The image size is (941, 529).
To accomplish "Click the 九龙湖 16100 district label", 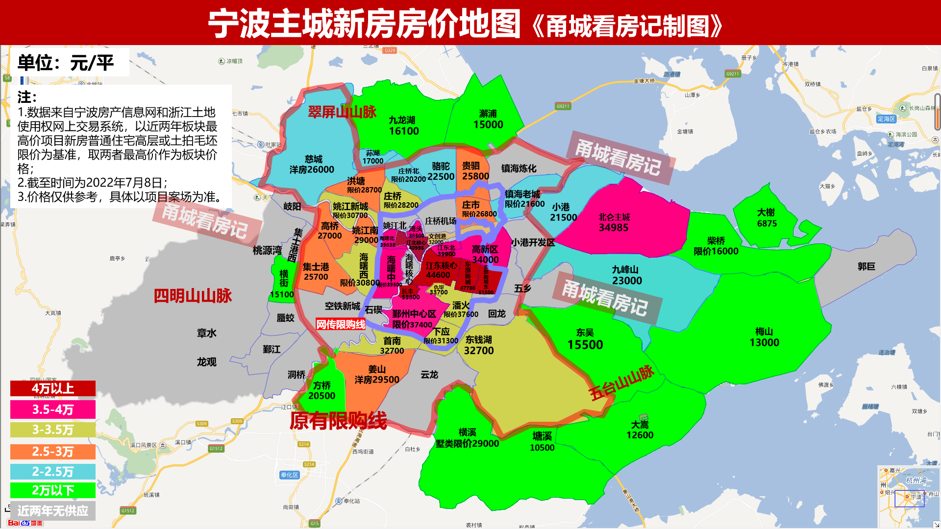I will (x=403, y=126).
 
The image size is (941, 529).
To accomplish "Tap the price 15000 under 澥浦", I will (x=488, y=125).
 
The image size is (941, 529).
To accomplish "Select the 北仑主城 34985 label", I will (x=614, y=222).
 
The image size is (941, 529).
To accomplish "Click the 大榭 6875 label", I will (x=767, y=218).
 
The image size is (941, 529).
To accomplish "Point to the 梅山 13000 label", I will (x=764, y=337).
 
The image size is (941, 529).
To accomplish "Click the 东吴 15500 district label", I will (x=585, y=339).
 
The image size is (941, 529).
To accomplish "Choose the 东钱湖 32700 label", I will (x=479, y=345).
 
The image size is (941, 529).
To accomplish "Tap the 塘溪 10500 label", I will (x=542, y=441).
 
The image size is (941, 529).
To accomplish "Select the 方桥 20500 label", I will (x=322, y=390).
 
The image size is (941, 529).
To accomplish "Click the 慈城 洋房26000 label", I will (x=312, y=165).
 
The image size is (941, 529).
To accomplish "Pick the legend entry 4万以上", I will (x=53, y=388).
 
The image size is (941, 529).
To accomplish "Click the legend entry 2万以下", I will (x=53, y=490).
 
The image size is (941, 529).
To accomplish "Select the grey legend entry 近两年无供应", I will (x=53, y=511).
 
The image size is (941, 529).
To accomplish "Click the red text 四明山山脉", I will (x=193, y=296).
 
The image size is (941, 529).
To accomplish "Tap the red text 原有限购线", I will (x=338, y=421).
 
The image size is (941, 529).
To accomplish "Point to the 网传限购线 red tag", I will (x=341, y=324).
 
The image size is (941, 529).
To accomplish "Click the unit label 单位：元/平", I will (x=66, y=63).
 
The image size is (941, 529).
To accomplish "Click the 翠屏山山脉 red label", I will (x=342, y=112).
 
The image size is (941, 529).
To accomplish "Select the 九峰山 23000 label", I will (x=626, y=275).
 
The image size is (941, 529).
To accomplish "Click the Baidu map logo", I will (x=25, y=523).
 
